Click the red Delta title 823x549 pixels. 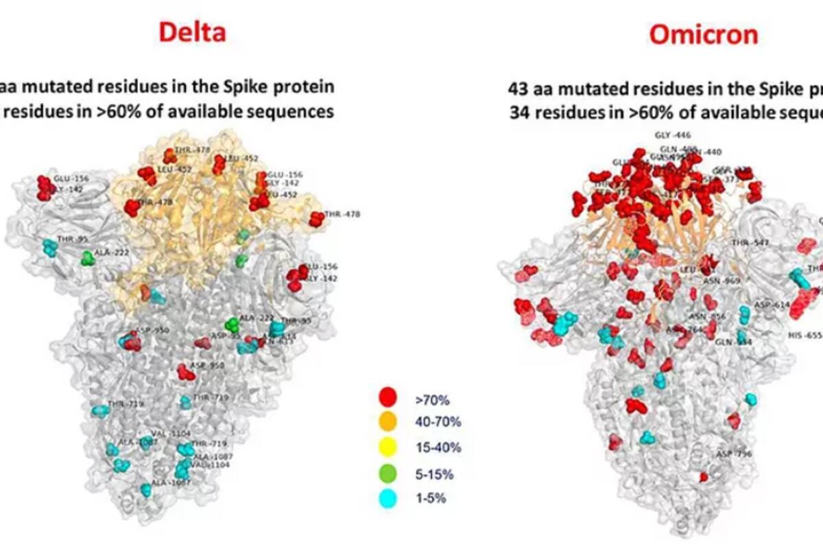192,32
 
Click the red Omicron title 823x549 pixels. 704,34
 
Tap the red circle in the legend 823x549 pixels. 388,397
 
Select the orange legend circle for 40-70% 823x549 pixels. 388,421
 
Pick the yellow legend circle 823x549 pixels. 388,447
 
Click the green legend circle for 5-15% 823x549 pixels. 388,473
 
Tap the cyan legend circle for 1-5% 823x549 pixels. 388,498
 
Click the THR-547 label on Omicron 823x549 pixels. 750,243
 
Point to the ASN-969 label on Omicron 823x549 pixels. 721,281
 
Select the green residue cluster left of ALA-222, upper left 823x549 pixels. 87,259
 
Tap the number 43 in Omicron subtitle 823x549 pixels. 518,89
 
